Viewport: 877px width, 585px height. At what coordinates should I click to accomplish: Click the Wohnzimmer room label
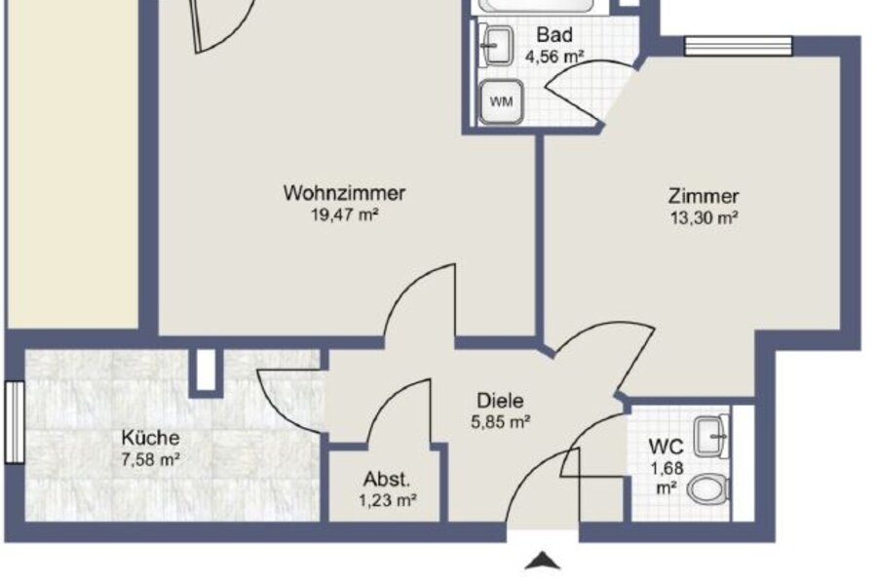(x=344, y=193)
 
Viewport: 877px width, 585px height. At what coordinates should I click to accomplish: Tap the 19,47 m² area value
(x=345, y=214)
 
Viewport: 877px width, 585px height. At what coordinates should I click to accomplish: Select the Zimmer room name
(x=704, y=196)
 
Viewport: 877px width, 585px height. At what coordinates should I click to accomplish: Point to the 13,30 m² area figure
(x=705, y=217)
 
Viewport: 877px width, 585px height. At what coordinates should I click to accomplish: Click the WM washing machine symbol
(x=501, y=101)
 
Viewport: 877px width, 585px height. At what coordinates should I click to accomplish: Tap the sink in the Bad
(x=496, y=45)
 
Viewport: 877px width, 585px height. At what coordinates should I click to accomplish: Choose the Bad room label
(x=554, y=35)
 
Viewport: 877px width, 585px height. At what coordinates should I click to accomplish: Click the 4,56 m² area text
(x=554, y=57)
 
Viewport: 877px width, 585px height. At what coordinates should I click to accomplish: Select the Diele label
(x=500, y=401)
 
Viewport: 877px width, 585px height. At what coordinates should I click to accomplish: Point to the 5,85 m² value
(x=500, y=421)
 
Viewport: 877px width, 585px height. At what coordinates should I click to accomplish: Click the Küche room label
(x=150, y=437)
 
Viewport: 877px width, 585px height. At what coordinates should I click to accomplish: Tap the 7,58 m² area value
(x=150, y=459)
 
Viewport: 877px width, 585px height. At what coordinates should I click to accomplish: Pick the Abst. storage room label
(x=387, y=479)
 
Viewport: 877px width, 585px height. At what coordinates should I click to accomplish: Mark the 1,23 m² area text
(x=388, y=500)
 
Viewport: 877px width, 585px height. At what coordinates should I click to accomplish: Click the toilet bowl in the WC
(x=708, y=489)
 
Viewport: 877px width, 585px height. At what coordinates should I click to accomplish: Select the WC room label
(x=667, y=447)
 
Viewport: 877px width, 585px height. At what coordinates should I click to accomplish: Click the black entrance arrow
(x=542, y=561)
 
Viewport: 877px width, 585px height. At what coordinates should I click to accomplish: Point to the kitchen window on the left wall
(x=15, y=422)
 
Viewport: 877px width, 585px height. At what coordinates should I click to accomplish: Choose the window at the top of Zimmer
(x=739, y=47)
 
